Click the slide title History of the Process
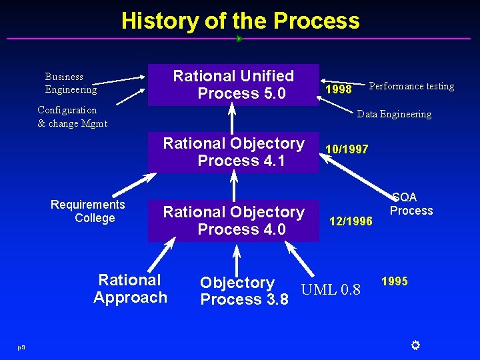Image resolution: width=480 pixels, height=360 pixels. (240, 21)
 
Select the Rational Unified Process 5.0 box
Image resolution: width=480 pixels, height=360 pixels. (233, 85)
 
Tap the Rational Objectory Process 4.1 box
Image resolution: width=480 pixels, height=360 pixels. (233, 152)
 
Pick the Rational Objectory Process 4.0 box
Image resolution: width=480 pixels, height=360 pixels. (233, 221)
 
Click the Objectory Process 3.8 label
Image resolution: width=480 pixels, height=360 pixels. (244, 291)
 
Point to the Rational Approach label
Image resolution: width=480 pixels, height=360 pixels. (130, 289)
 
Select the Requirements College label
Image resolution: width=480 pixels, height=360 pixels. (88, 211)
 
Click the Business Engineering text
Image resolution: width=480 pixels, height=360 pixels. (71, 83)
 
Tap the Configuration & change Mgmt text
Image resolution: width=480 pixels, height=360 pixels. (72, 116)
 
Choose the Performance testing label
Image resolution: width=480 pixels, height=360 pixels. (411, 86)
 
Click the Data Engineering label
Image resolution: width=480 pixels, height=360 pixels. (394, 114)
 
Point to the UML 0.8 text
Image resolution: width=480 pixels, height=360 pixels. (331, 289)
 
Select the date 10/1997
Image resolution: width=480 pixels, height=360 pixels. (346, 149)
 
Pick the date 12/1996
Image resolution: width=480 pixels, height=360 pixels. (351, 221)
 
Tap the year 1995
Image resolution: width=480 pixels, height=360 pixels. (394, 281)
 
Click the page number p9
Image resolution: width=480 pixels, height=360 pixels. (22, 346)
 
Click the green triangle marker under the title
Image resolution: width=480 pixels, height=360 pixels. (239, 39)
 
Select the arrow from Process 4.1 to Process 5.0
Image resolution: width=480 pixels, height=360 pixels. (233, 120)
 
